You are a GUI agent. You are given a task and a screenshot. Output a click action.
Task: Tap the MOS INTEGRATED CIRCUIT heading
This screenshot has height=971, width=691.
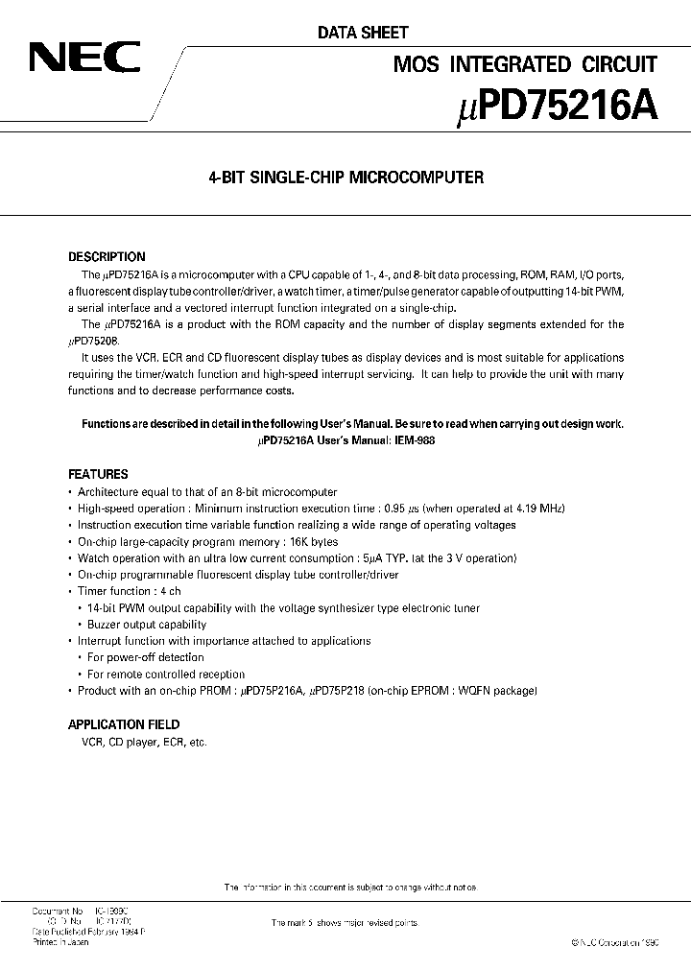click(526, 65)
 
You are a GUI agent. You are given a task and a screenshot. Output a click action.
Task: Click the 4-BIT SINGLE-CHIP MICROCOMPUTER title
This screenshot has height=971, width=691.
click(345, 178)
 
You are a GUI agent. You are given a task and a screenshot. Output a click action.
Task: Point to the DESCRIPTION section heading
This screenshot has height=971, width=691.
click(107, 257)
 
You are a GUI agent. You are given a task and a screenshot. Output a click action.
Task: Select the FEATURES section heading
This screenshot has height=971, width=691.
click(98, 474)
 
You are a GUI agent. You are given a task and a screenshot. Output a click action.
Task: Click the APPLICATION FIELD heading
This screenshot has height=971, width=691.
click(124, 724)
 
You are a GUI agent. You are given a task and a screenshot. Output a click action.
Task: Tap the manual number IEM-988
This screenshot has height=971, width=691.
click(411, 440)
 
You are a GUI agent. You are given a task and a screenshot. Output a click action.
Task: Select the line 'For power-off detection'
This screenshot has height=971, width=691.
click(145, 657)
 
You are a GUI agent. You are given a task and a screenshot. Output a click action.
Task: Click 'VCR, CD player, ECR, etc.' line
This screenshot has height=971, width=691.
click(137, 742)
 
